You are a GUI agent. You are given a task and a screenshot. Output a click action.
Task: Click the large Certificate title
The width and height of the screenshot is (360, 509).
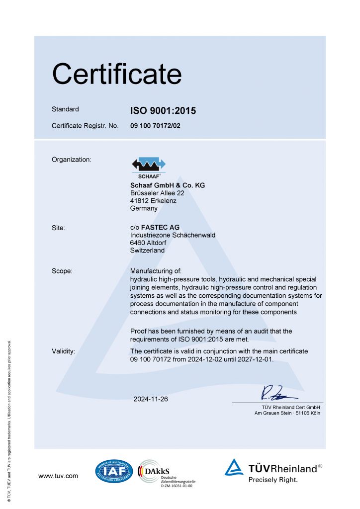coord(117,74)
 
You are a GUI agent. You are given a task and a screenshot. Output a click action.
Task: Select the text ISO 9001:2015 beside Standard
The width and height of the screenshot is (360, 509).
coord(163,111)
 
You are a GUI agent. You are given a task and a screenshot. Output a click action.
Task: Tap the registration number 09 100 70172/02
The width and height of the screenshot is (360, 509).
coord(155,126)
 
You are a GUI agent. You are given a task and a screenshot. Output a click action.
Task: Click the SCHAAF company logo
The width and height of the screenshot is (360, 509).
coord(148,168)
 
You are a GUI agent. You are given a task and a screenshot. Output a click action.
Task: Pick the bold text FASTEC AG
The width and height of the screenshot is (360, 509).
coord(161,228)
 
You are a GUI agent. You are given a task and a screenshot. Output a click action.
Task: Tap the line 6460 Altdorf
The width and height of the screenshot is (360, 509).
coord(148,243)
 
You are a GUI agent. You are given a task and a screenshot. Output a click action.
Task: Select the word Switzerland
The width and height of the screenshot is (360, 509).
coord(147,251)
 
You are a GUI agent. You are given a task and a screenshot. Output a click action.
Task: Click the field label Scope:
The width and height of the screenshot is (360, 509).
coord(62,271)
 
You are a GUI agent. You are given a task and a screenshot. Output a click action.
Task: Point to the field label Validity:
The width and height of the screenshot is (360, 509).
coord(64,351)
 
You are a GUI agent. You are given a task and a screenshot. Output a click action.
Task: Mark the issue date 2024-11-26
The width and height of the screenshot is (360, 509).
coord(151,399)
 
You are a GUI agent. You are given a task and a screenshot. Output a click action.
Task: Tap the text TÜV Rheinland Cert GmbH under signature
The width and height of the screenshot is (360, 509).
coord(288,407)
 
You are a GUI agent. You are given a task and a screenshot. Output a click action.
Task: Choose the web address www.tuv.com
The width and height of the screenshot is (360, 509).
coord(58,476)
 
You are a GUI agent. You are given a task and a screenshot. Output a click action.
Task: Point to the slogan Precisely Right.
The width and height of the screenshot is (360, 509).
coord(273,480)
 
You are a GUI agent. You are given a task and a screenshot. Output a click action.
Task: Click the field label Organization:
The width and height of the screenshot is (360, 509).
coord(72,160)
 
